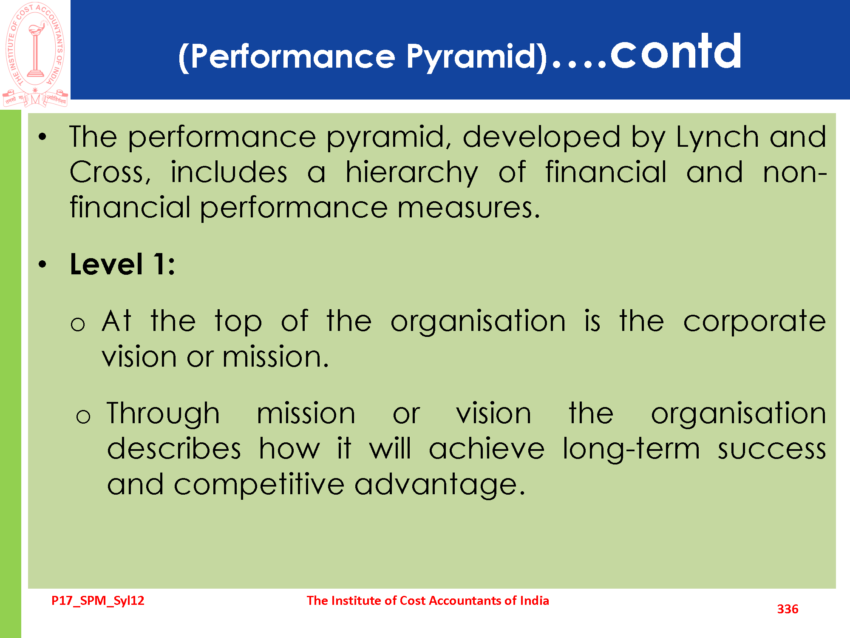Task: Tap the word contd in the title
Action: click(x=676, y=51)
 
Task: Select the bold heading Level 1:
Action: click(x=122, y=264)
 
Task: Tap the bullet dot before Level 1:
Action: click(x=42, y=265)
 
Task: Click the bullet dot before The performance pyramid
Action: click(x=42, y=137)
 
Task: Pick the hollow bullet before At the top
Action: click(x=78, y=325)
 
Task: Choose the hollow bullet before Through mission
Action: click(x=83, y=416)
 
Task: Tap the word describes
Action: click(x=174, y=449)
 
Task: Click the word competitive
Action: click(x=259, y=485)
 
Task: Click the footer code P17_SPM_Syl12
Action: click(x=98, y=601)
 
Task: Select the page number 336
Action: click(x=788, y=609)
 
